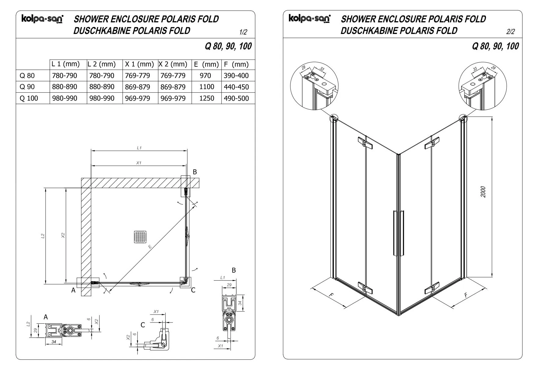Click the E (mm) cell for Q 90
(206, 87)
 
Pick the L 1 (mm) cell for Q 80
(64, 75)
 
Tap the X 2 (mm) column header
(173, 64)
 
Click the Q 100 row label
(29, 98)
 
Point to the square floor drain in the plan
(140, 237)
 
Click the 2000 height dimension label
(483, 192)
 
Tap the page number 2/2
(510, 32)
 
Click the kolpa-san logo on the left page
(42, 19)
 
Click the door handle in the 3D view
(398, 233)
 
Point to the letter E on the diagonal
(150, 246)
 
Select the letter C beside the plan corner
(193, 290)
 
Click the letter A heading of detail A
(46, 317)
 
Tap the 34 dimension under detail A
(54, 342)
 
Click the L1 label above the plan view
(139, 148)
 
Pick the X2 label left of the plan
(63, 236)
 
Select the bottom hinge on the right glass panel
(432, 288)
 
